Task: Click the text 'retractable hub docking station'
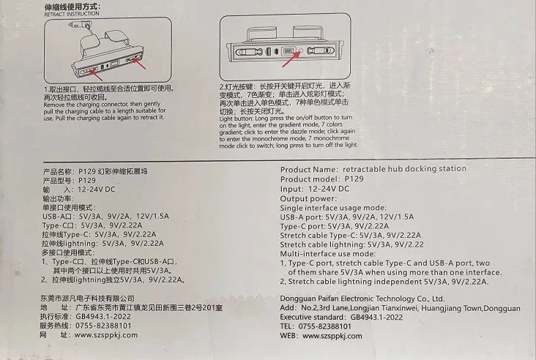point(404,169)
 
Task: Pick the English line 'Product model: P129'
point(322,179)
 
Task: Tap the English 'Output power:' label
point(308,198)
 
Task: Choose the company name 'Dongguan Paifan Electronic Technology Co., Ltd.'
point(362,299)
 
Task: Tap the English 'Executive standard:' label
point(318,318)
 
